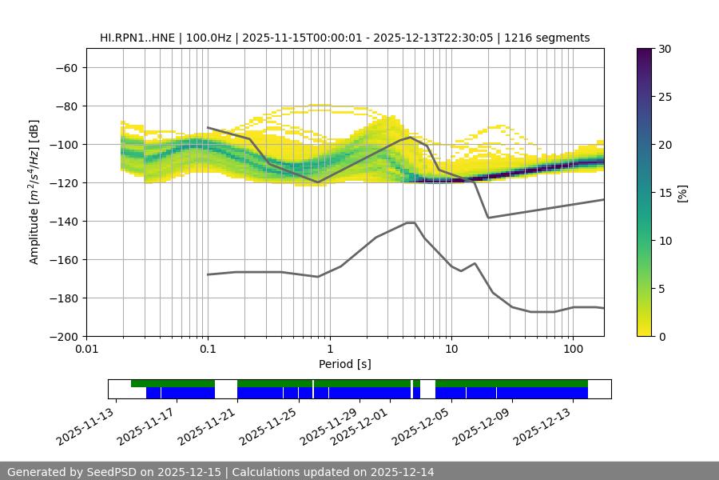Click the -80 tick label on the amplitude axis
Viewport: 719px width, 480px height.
(x=65, y=106)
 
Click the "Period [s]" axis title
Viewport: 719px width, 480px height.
(x=344, y=364)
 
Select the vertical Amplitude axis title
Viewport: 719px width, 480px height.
(x=34, y=192)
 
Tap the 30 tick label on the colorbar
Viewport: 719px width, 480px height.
(x=665, y=49)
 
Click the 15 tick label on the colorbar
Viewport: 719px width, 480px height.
(x=665, y=193)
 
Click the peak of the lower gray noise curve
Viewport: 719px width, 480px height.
(x=411, y=222)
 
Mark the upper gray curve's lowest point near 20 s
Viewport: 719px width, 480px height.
(x=488, y=218)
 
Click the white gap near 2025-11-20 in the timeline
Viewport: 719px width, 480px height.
(x=226, y=389)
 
